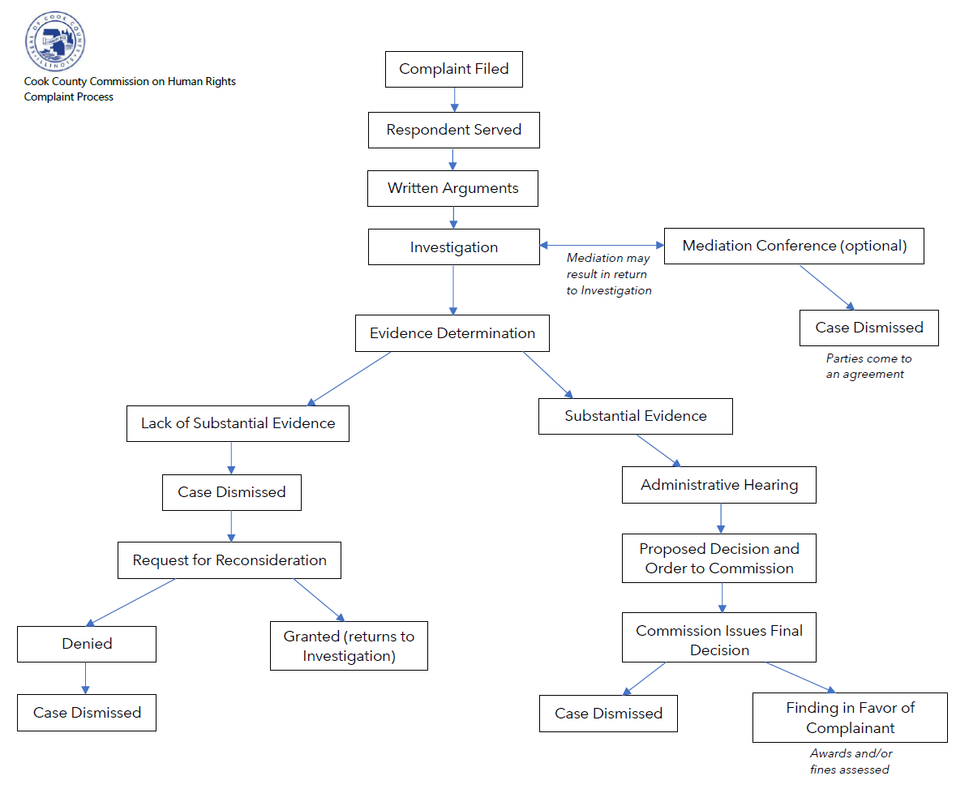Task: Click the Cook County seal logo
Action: (55, 41)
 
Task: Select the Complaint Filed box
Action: (453, 69)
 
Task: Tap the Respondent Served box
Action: (453, 130)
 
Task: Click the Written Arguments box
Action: (453, 188)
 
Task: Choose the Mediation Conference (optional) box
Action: (794, 246)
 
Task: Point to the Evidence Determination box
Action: (452, 333)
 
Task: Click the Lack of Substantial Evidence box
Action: (238, 423)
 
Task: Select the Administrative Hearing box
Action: (718, 485)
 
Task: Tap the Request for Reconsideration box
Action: (229, 560)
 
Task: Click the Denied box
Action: (87, 645)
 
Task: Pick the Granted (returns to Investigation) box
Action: (349, 645)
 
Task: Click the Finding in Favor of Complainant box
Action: (850, 718)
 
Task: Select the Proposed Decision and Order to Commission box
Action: (718, 559)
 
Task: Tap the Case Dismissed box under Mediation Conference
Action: (869, 328)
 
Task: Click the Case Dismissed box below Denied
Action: (87, 713)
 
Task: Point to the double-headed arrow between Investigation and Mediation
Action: (602, 245)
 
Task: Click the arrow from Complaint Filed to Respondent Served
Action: (454, 100)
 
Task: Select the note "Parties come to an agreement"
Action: (868, 367)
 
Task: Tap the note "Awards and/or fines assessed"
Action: (851, 761)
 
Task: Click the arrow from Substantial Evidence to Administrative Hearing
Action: (658, 450)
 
